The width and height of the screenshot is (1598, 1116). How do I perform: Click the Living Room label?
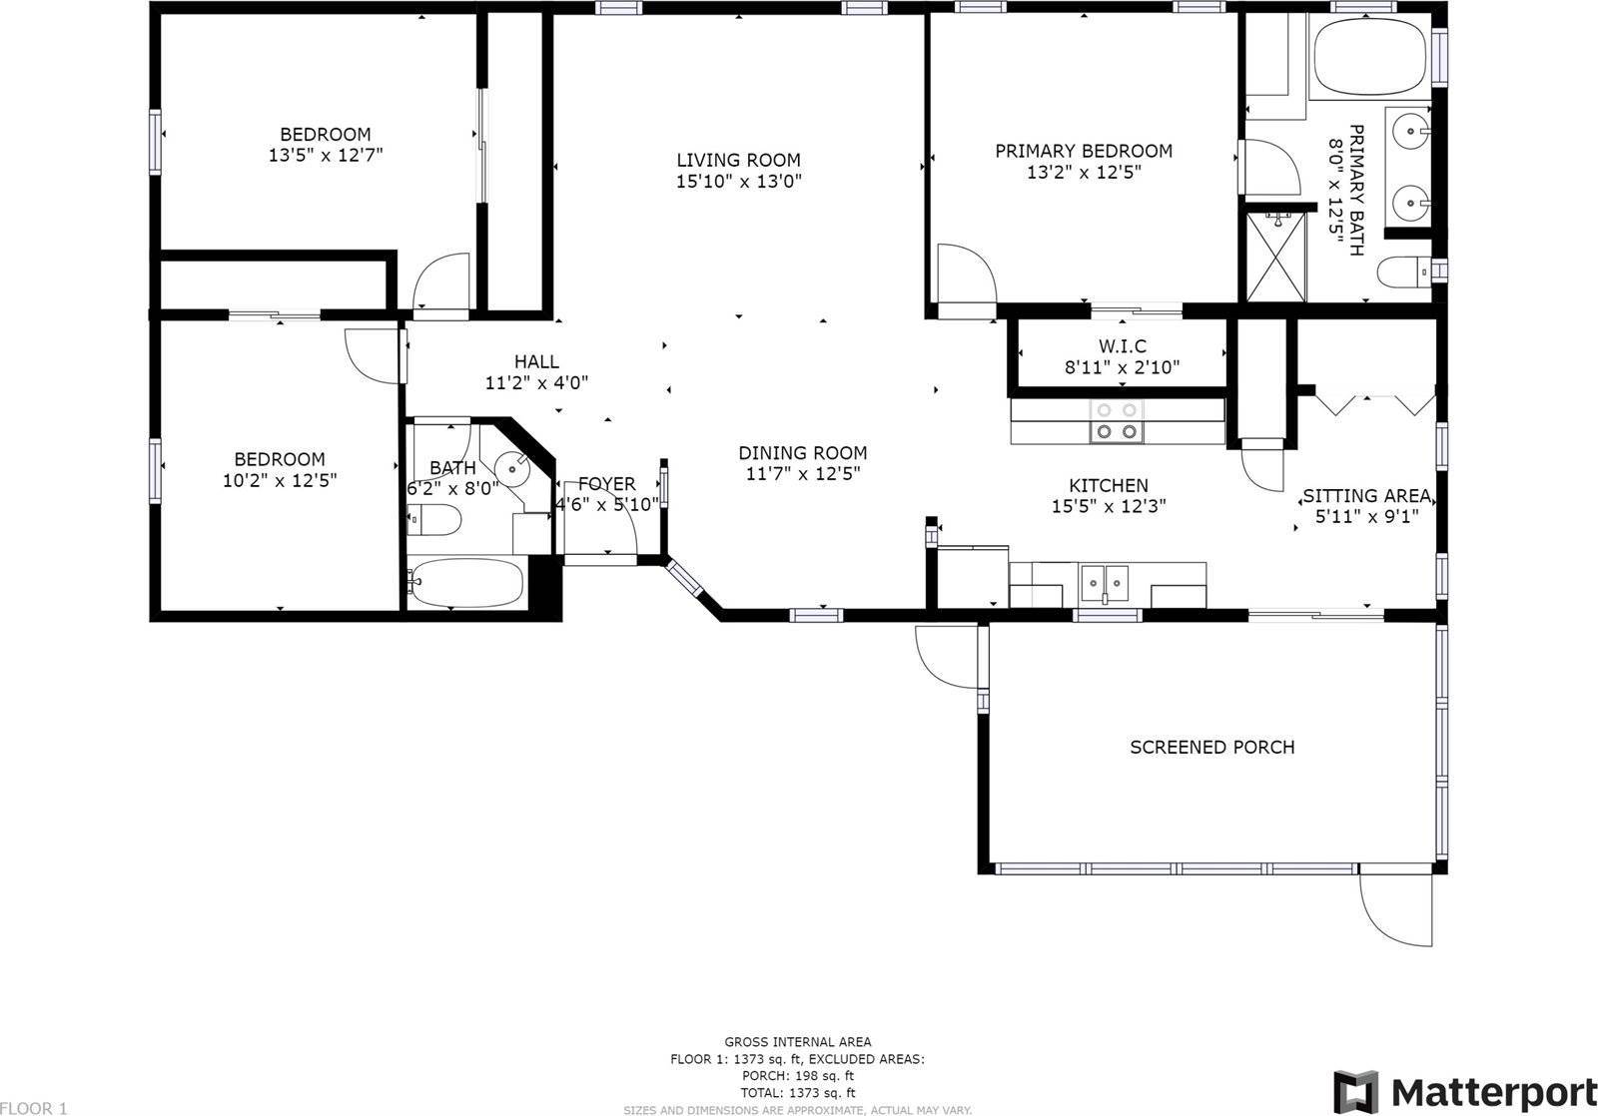tap(738, 160)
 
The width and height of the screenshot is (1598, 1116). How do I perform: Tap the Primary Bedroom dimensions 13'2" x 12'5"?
tap(1084, 172)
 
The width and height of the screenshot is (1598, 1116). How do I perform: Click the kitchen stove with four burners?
tap(1116, 420)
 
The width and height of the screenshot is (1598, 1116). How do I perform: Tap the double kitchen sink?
tap(1105, 580)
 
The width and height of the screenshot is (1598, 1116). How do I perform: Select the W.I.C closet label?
tap(1122, 345)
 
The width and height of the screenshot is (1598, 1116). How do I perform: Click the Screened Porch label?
tap(1211, 747)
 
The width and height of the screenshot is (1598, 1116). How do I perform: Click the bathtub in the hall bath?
tap(467, 582)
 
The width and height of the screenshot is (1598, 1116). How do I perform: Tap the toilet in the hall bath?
tap(435, 520)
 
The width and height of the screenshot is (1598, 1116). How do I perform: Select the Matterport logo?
tap(1465, 1090)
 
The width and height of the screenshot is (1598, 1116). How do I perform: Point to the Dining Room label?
tap(802, 452)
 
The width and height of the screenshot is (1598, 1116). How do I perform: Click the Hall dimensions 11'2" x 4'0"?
tap(536, 382)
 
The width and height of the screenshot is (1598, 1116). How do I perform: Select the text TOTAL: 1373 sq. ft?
tap(796, 1093)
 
